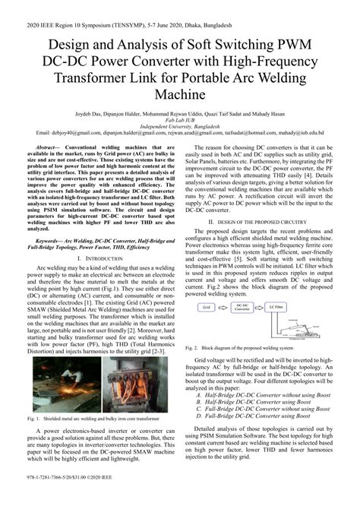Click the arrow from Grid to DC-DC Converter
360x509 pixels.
coord(222,308)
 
